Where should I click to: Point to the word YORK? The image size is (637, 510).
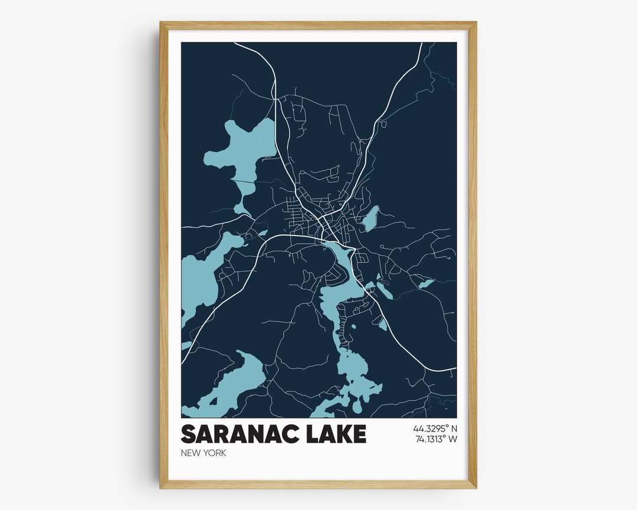pos(215,453)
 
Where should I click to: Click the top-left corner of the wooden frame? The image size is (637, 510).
pos(161,23)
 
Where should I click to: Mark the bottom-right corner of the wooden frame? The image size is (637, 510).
pos(475,487)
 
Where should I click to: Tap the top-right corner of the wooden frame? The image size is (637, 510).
pos(475,23)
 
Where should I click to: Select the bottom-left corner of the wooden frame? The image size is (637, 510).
pos(161,487)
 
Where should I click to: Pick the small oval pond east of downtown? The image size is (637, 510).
pos(370,218)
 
